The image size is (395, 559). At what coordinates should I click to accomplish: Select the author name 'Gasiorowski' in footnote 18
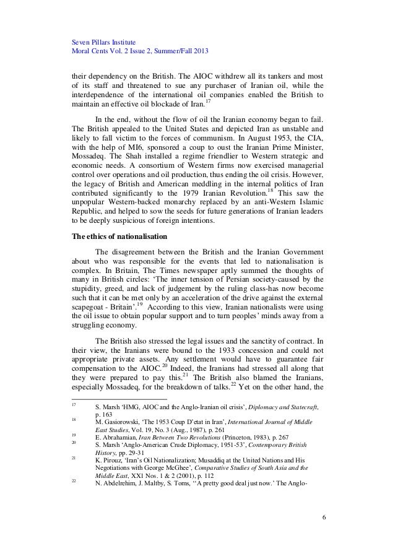[x=125, y=458]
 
